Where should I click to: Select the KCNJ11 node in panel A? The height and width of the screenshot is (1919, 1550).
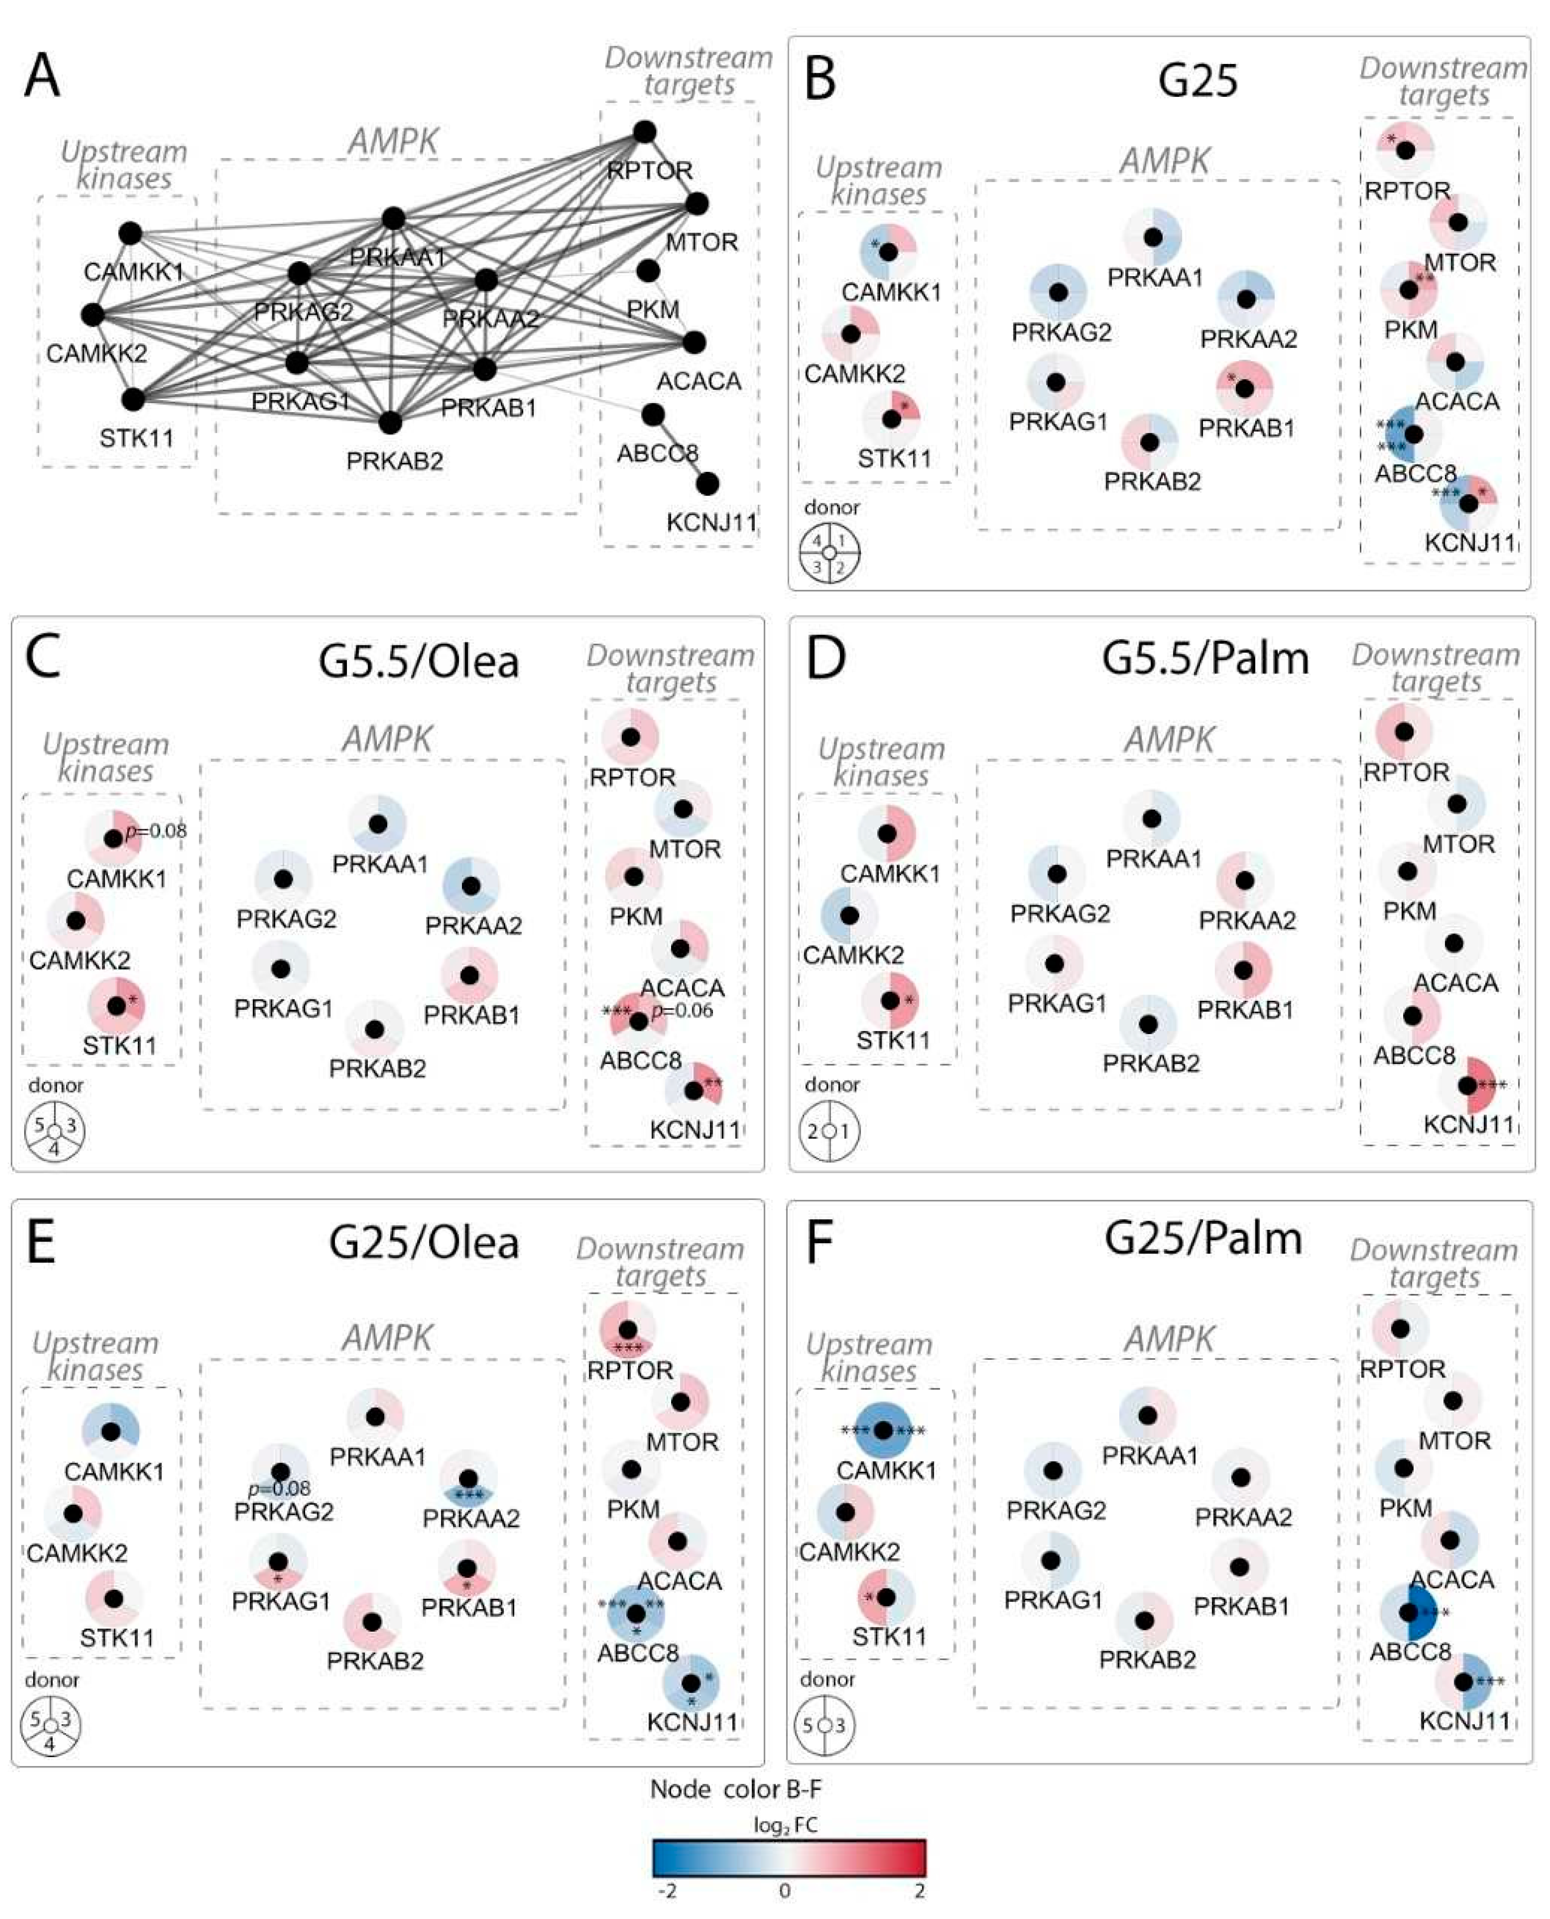[707, 484]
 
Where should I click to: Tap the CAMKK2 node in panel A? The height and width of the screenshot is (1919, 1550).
[93, 314]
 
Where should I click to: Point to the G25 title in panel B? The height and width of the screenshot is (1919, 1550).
[1197, 80]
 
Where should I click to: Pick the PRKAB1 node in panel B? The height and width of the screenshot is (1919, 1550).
[1244, 389]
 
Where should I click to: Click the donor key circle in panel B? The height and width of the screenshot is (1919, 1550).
[830, 553]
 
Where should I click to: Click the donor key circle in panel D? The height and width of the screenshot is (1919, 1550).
[830, 1130]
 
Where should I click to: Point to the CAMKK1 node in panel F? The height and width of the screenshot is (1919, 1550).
[882, 1431]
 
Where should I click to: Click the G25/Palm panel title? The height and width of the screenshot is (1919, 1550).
[1203, 1238]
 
